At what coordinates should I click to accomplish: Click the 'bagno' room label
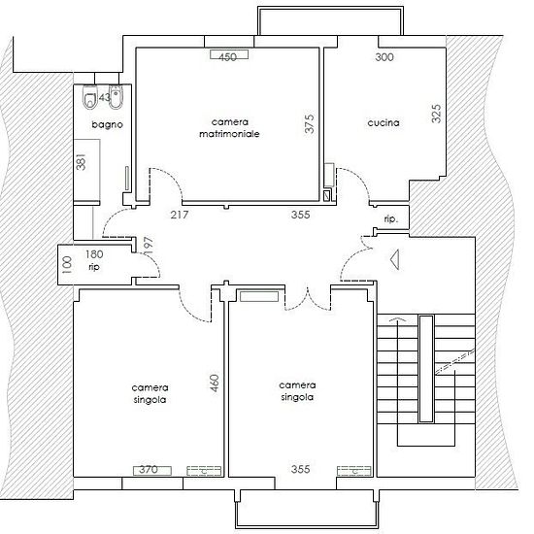click(x=107, y=124)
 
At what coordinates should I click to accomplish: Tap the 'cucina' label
click(x=384, y=122)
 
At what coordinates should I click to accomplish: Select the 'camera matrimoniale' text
click(x=229, y=128)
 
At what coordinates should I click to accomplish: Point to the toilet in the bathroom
click(x=90, y=97)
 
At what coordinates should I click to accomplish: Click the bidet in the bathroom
click(x=116, y=97)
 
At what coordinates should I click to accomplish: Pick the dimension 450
click(x=228, y=57)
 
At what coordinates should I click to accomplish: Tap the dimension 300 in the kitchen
click(x=384, y=57)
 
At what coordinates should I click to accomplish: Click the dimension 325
click(x=436, y=114)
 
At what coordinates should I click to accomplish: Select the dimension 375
click(x=309, y=123)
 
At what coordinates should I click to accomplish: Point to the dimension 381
click(x=81, y=162)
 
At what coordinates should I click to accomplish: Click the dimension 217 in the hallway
click(x=180, y=215)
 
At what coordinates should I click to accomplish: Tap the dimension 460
click(x=215, y=383)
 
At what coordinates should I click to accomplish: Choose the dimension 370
click(x=149, y=470)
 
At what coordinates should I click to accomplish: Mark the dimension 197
click(x=149, y=246)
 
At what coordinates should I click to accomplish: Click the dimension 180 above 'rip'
click(x=94, y=254)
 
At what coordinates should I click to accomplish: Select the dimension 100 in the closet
click(x=67, y=265)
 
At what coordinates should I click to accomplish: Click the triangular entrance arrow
click(x=395, y=259)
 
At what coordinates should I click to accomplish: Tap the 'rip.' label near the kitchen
click(x=391, y=219)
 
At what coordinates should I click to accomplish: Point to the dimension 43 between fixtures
click(x=104, y=98)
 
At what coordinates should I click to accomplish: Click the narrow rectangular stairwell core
click(x=426, y=369)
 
